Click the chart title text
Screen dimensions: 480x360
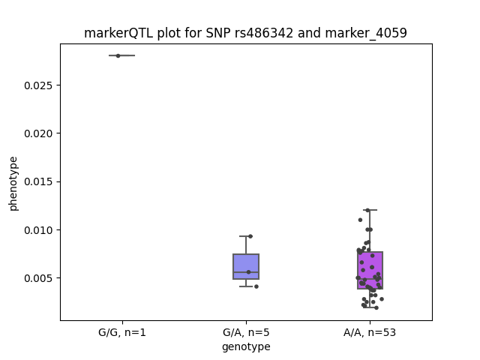(245, 33)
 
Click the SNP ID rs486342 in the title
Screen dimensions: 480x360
(264, 33)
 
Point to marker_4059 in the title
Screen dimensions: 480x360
(366, 33)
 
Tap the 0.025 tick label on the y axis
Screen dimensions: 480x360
(38, 85)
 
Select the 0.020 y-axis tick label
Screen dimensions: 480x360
(38, 133)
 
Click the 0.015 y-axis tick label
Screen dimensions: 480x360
(38, 181)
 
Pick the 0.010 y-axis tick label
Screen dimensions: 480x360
(38, 230)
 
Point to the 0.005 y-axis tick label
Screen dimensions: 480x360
(38, 278)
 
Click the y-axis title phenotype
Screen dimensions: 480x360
(13, 184)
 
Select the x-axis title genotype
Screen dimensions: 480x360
(246, 346)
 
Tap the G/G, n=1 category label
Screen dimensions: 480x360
(122, 332)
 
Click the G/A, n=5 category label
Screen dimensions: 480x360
(246, 332)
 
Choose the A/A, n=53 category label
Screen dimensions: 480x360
(370, 332)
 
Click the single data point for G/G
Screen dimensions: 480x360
(118, 55)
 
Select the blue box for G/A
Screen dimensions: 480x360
(246, 266)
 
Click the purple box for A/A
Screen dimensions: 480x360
(370, 270)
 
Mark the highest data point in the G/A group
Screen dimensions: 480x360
(250, 236)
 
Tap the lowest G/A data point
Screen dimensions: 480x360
(256, 286)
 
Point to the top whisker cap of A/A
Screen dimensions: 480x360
(370, 210)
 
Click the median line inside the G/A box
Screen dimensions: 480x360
(246, 272)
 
